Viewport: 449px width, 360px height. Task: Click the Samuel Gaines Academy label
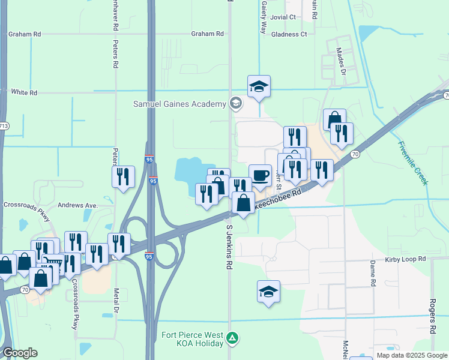(179, 104)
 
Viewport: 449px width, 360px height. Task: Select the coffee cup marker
(260, 176)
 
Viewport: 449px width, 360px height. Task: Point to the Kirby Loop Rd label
(405, 259)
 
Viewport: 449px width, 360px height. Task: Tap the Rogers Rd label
(433, 316)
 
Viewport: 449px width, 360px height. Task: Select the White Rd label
(24, 92)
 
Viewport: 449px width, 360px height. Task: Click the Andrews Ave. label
(77, 205)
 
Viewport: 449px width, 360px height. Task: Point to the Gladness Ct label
(289, 34)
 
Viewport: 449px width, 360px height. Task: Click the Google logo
(20, 353)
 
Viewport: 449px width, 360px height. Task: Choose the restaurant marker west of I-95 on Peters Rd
(124, 176)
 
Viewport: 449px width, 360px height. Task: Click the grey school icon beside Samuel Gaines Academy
(236, 104)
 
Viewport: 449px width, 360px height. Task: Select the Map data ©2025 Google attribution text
(412, 356)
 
